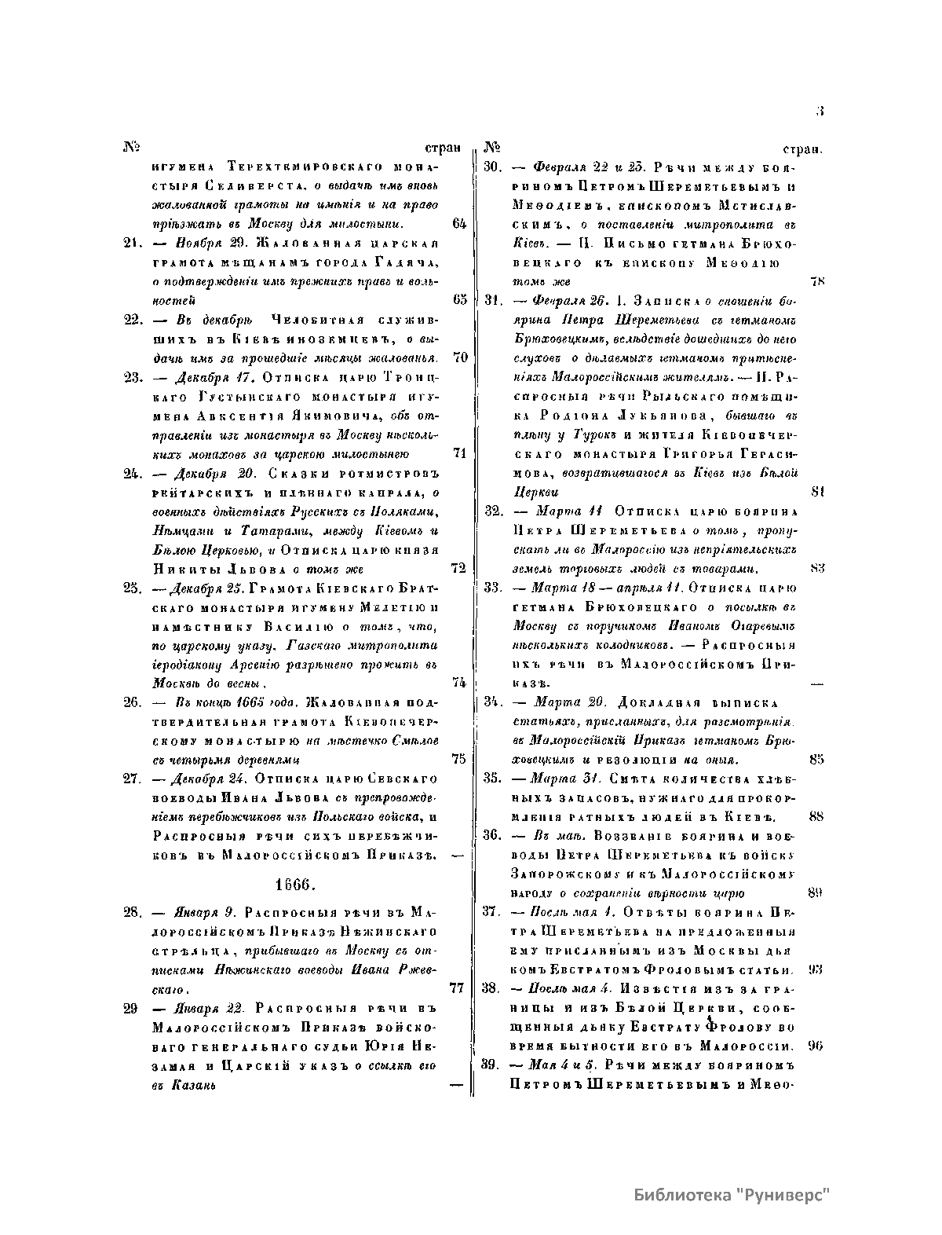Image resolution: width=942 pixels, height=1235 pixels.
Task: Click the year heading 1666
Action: [x=294, y=884]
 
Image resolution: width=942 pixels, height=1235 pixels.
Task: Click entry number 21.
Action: [x=131, y=243]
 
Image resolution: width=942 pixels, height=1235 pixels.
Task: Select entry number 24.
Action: [x=131, y=473]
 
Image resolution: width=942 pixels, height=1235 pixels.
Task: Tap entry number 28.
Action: [x=131, y=913]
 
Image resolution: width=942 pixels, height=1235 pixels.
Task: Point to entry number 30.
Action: [x=492, y=167]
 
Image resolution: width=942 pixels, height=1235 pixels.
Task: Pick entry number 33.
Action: [x=493, y=587]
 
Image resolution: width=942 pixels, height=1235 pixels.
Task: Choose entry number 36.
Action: [x=492, y=835]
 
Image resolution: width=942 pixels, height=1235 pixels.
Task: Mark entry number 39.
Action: [x=492, y=1065]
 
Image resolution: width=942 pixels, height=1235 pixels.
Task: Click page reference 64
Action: [x=460, y=223]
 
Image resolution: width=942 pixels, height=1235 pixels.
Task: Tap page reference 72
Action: [x=460, y=567]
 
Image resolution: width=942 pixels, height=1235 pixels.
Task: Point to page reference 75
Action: [x=460, y=760]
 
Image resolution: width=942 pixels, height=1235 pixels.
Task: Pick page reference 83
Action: [x=816, y=567]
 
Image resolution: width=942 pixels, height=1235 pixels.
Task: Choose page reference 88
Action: [x=816, y=816]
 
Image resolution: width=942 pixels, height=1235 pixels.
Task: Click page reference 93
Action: [x=816, y=969]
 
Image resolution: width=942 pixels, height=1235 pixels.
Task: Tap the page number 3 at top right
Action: [x=819, y=112]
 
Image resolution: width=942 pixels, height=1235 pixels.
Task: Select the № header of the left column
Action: [x=131, y=147]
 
